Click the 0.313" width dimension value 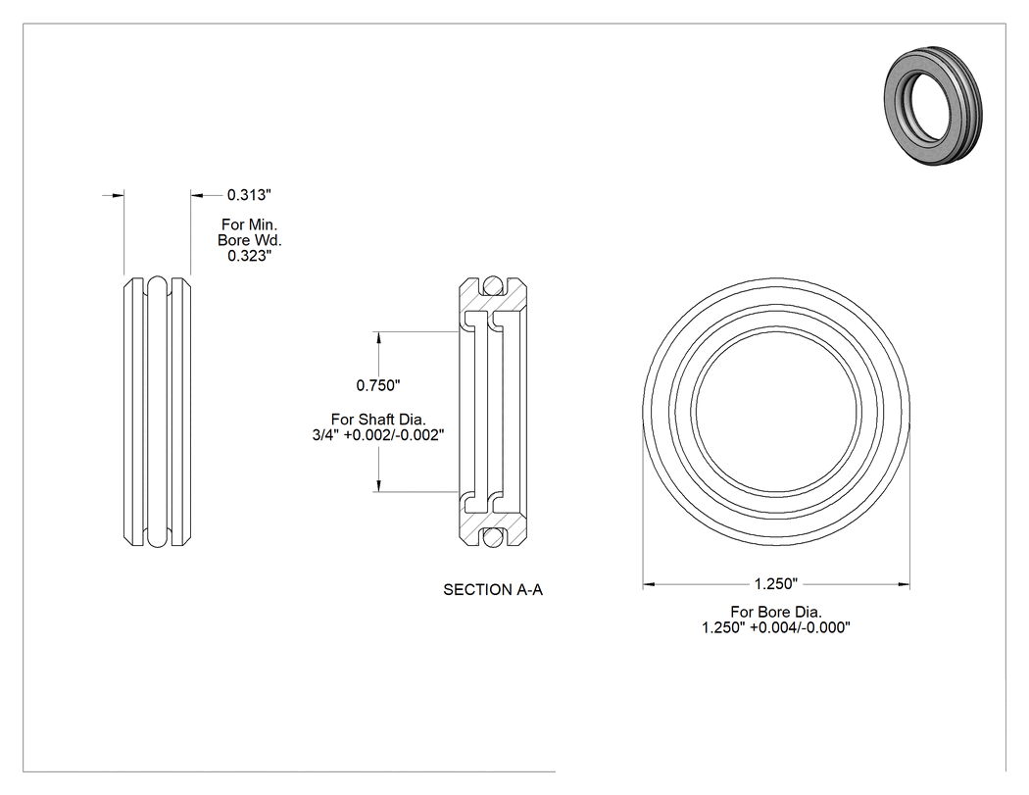[249, 195]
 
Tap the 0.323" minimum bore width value [249, 256]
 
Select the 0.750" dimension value [378, 385]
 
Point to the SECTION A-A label [493, 589]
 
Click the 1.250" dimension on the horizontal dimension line [776, 583]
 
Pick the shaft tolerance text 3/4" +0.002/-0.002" [378, 434]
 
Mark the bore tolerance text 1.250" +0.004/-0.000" [776, 627]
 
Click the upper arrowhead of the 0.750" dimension [378, 337]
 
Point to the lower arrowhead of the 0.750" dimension [378, 486]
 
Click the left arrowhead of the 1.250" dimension [649, 583]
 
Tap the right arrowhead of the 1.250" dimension [903, 583]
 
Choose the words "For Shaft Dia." [378, 419]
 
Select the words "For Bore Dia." [776, 612]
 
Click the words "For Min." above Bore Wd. [249, 224]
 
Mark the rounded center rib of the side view [158, 412]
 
